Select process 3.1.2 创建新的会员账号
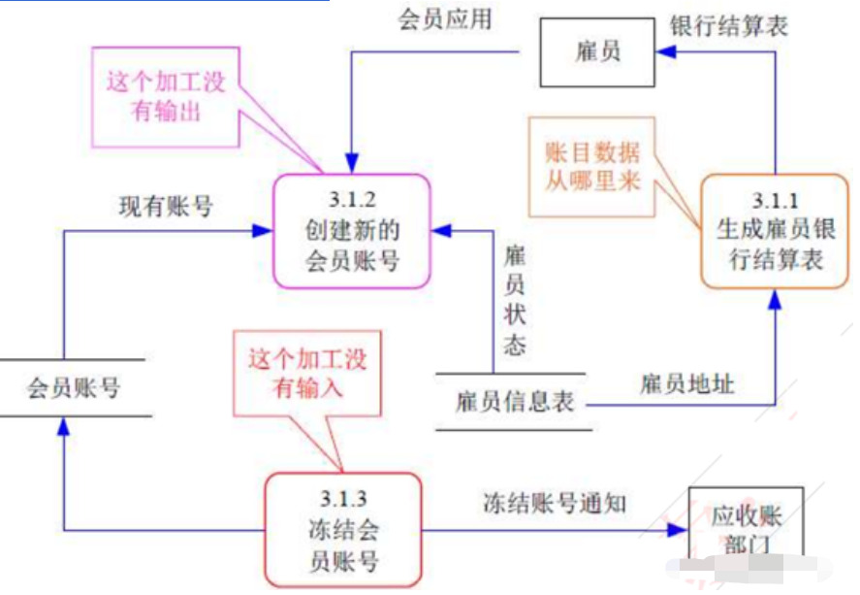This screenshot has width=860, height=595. pyautogui.click(x=352, y=231)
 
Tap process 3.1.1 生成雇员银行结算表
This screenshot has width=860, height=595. pyautogui.click(x=774, y=231)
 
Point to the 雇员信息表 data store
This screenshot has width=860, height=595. pyautogui.click(x=513, y=400)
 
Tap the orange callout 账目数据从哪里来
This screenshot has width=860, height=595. pyautogui.click(x=592, y=165)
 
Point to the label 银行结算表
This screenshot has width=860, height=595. pyautogui.click(x=728, y=25)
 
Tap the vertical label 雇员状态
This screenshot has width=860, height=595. pyautogui.click(x=515, y=301)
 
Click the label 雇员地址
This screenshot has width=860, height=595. pyautogui.click(x=686, y=382)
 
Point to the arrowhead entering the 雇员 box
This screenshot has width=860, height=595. pyautogui.click(x=663, y=52)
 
